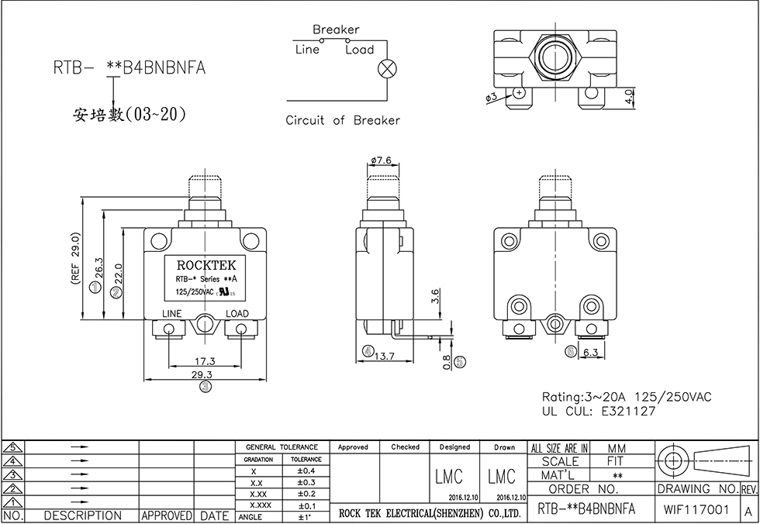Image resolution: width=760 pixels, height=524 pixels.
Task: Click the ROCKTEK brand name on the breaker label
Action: point(205,265)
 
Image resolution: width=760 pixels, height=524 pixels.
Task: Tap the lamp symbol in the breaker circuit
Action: point(385,68)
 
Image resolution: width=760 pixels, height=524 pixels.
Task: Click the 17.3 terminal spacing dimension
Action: point(204,361)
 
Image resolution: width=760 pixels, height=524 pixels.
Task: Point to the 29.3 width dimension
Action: point(204,374)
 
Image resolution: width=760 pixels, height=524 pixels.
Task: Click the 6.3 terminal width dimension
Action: point(591,353)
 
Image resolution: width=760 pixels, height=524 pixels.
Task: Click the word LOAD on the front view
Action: point(237,314)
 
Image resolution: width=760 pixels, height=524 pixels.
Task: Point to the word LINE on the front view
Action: point(171,314)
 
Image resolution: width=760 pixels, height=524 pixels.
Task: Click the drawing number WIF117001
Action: point(696,509)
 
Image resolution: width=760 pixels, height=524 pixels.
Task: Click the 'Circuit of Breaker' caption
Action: point(343,120)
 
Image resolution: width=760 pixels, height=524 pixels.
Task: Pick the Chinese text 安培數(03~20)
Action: point(129,115)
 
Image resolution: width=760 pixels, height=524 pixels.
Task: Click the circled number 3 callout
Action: point(204,385)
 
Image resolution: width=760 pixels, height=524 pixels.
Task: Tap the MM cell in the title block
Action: point(617,448)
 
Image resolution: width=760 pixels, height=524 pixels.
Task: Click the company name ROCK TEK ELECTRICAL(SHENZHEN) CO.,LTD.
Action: point(430,513)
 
